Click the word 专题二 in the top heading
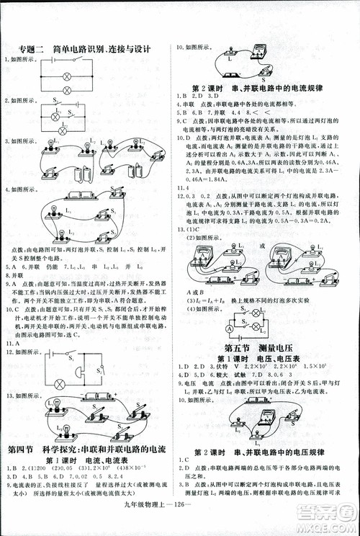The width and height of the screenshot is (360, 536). [31, 49]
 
